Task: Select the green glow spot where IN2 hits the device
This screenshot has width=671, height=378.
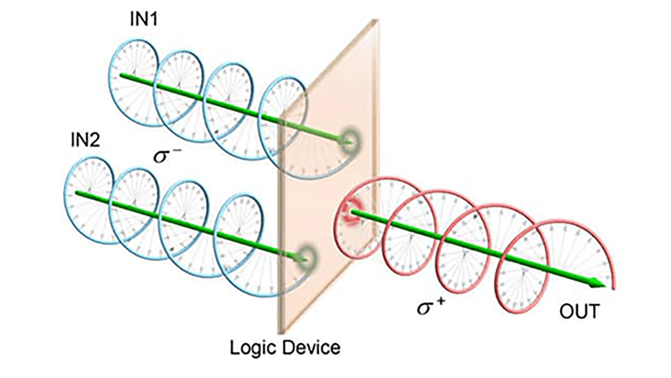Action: coord(306,256)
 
